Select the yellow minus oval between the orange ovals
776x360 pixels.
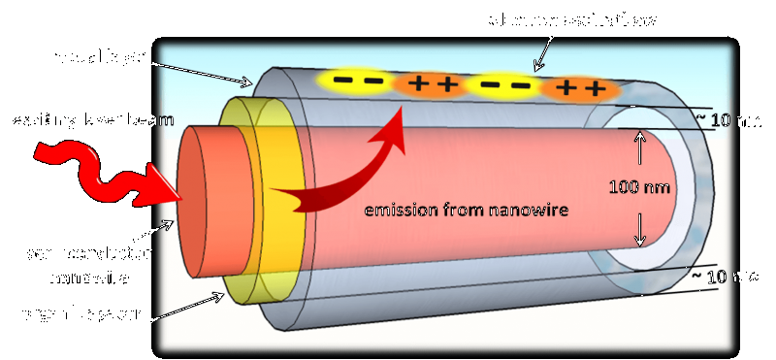click(503, 86)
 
